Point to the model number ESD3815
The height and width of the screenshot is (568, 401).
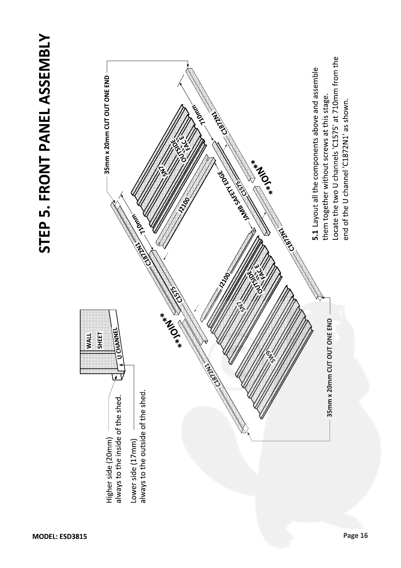tap(73, 536)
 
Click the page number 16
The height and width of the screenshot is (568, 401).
tap(364, 535)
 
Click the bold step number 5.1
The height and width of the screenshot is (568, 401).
tap(315, 235)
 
